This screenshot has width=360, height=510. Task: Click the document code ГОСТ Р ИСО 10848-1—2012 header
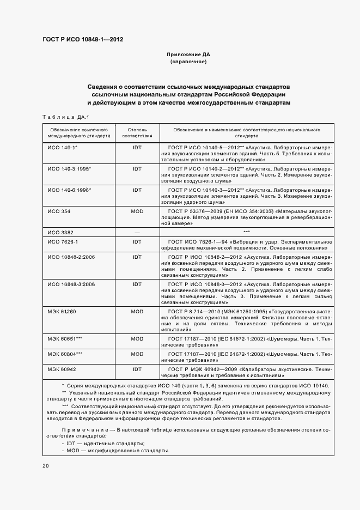click(x=82, y=40)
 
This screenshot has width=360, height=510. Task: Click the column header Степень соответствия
click(x=137, y=133)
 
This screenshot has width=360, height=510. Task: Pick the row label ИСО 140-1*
click(x=62, y=148)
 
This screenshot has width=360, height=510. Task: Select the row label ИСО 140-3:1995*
click(x=69, y=169)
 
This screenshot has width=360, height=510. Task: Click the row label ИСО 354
click(x=59, y=211)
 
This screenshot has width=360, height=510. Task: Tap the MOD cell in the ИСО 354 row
click(x=137, y=211)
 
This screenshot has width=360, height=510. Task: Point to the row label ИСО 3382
click(x=60, y=232)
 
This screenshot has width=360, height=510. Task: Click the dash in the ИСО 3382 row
click(x=137, y=232)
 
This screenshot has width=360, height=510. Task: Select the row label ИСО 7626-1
click(x=63, y=241)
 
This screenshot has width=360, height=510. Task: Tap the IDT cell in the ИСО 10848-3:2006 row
click(x=137, y=284)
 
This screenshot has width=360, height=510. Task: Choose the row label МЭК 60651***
click(x=65, y=339)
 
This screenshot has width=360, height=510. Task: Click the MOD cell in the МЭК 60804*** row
click(x=137, y=354)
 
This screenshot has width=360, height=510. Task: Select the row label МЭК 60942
click(x=62, y=368)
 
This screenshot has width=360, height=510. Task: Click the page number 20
click(x=46, y=466)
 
